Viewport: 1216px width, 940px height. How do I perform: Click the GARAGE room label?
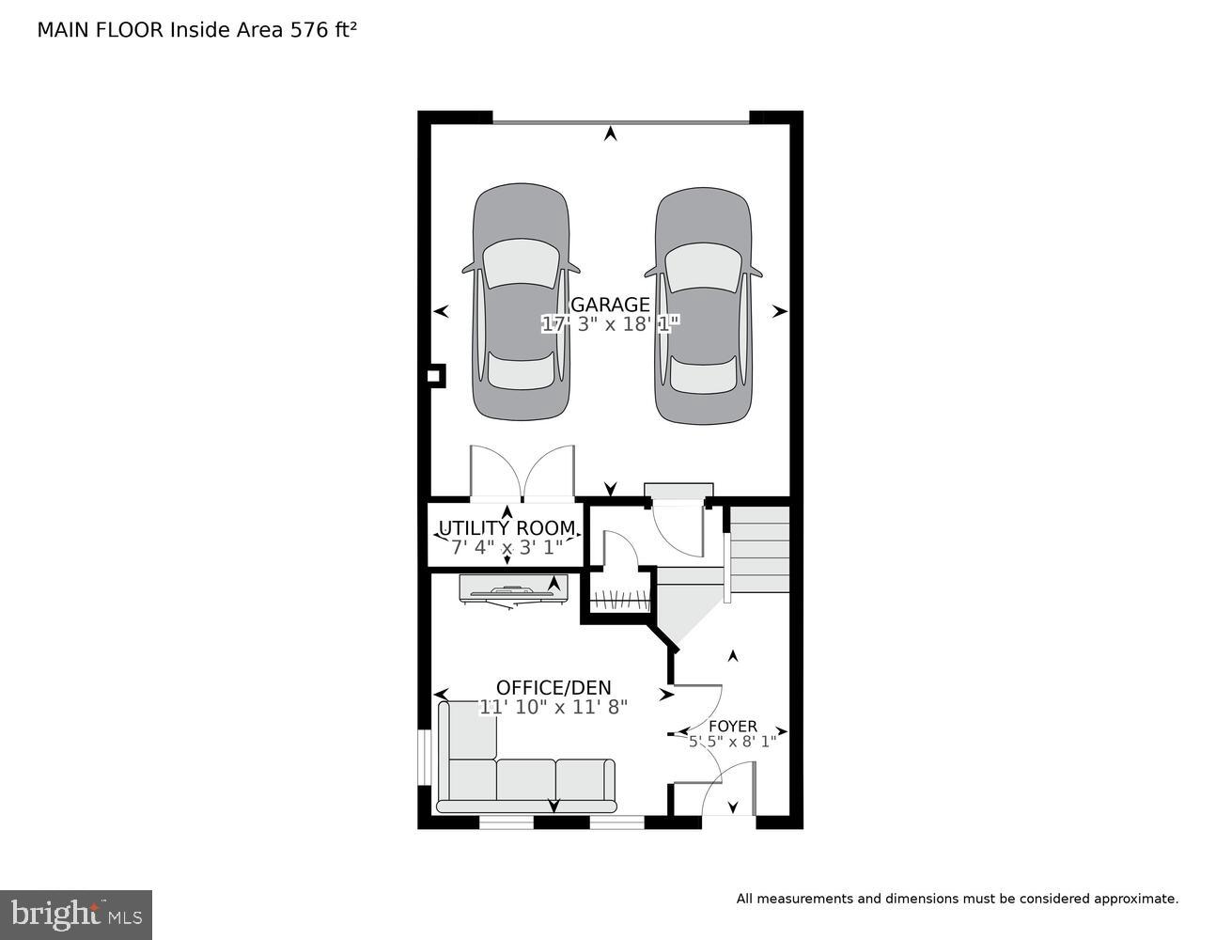pyautogui.click(x=610, y=305)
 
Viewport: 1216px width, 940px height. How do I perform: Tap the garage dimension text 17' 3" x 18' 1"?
pyautogui.click(x=610, y=323)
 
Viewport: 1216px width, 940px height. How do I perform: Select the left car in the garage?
pyautogui.click(x=521, y=302)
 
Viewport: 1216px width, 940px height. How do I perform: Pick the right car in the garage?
pyautogui.click(x=703, y=305)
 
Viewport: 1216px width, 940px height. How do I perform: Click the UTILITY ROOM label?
pyautogui.click(x=507, y=527)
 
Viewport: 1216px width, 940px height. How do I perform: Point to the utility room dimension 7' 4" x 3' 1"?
pyautogui.click(x=507, y=547)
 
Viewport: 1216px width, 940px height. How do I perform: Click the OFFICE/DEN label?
pyautogui.click(x=553, y=687)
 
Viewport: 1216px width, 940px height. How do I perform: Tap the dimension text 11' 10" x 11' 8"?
pyautogui.click(x=553, y=707)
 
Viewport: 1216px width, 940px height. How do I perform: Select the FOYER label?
pyautogui.click(x=732, y=727)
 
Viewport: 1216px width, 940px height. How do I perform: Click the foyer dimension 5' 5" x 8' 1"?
pyautogui.click(x=732, y=742)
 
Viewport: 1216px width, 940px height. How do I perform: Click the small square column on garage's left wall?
pyautogui.click(x=435, y=376)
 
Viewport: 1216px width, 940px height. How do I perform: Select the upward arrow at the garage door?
pyautogui.click(x=611, y=133)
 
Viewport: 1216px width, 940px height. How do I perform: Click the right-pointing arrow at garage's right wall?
pyautogui.click(x=780, y=312)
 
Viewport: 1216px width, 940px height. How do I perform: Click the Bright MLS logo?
pyautogui.click(x=76, y=915)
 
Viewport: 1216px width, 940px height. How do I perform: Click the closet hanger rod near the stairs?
pyautogui.click(x=620, y=602)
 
